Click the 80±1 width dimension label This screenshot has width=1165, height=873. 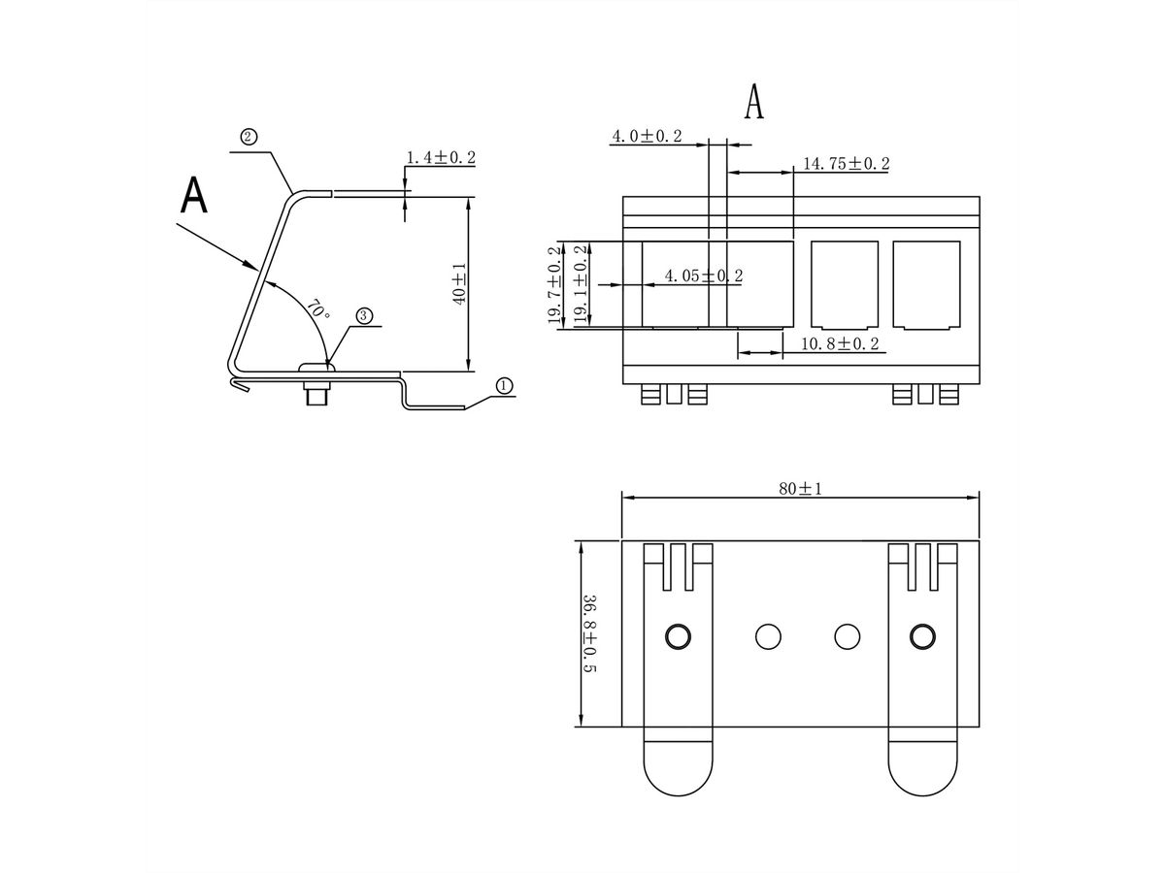point(800,488)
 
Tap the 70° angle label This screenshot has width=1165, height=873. point(317,310)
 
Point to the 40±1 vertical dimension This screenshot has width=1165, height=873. point(459,283)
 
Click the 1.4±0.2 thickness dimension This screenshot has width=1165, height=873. point(440,157)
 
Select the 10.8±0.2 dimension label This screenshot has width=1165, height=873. point(840,344)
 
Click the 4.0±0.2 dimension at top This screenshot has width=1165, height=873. point(646,137)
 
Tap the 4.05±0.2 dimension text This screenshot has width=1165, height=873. point(703,276)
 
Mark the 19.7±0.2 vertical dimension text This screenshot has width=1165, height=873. point(554,285)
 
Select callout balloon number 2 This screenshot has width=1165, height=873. point(249,137)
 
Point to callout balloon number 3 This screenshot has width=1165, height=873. point(363,315)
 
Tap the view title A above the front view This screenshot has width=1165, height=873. point(753,102)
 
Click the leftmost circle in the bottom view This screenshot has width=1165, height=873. point(678,636)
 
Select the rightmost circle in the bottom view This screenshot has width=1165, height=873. point(921,636)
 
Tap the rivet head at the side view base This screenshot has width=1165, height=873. point(316,368)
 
